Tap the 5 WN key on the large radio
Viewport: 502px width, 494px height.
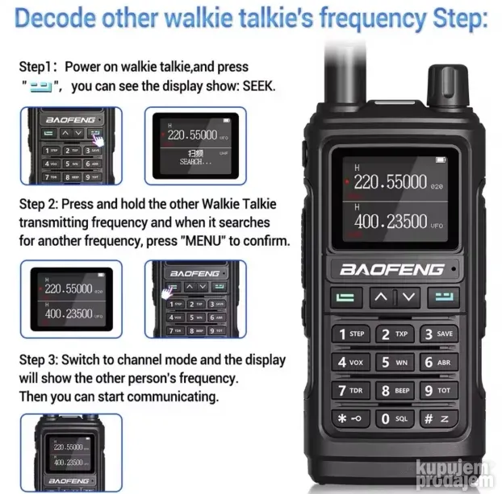click(x=395, y=362)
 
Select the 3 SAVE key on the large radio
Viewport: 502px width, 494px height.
click(x=438, y=334)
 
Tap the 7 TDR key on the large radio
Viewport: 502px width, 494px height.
click(x=351, y=391)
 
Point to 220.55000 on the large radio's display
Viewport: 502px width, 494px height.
click(x=391, y=183)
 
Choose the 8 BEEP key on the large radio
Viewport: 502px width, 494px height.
click(x=395, y=391)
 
